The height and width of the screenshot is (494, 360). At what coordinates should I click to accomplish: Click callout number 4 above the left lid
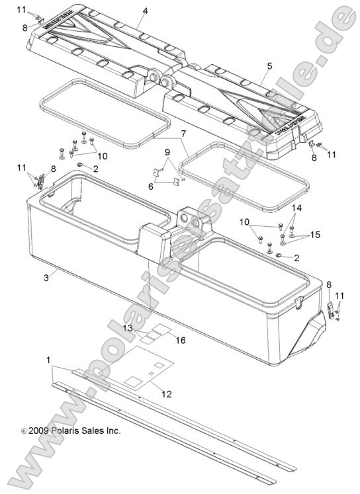coord(145,11)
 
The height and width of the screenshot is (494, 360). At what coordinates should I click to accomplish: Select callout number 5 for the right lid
coord(269,66)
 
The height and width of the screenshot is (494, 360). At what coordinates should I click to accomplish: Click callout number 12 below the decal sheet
coord(167,394)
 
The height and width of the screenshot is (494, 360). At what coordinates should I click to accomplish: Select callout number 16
coord(181,340)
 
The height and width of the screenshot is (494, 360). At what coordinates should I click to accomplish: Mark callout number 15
coord(315,235)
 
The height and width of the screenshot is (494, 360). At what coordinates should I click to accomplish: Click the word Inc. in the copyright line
coord(112,430)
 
